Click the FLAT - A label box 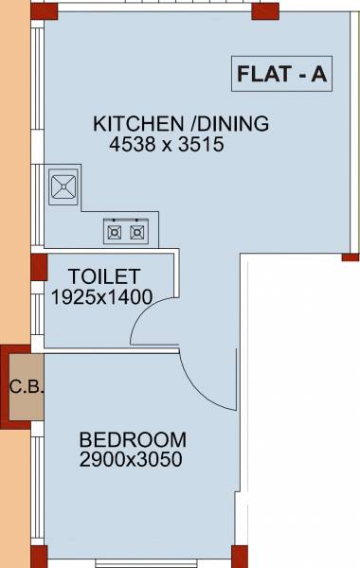click(280, 74)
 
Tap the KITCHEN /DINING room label click(181, 123)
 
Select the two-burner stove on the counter click(126, 230)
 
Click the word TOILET click(104, 276)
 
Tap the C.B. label click(23, 386)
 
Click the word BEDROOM click(133, 440)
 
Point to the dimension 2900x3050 click(131, 460)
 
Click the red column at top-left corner click(38, 10)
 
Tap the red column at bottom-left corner click(38, 557)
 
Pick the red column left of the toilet click(39, 266)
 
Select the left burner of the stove click(115, 230)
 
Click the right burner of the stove click(138, 230)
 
